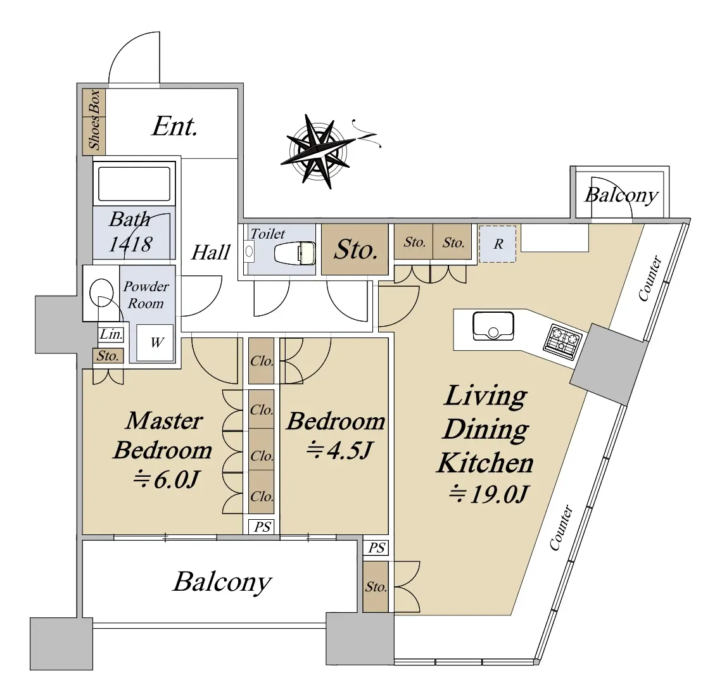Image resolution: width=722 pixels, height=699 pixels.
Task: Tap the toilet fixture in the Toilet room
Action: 294,253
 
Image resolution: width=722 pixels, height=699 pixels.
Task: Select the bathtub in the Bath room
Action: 132,183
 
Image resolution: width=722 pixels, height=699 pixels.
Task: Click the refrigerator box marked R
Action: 498,244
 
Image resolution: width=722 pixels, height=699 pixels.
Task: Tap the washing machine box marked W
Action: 156,343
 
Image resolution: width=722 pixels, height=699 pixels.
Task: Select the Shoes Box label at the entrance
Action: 94,120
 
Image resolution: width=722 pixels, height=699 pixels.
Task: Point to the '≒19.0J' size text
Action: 488,494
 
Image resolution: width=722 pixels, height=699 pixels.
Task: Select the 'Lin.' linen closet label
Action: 111,334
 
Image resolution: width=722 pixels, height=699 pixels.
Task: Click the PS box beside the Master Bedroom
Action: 262,527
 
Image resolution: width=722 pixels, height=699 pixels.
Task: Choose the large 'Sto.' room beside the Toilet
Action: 355,249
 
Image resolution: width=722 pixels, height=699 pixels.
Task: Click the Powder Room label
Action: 146,294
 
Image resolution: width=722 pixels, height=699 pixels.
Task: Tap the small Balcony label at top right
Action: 621,194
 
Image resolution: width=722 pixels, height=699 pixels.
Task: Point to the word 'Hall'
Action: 210,253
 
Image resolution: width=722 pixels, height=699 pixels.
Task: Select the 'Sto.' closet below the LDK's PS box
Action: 376,588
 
